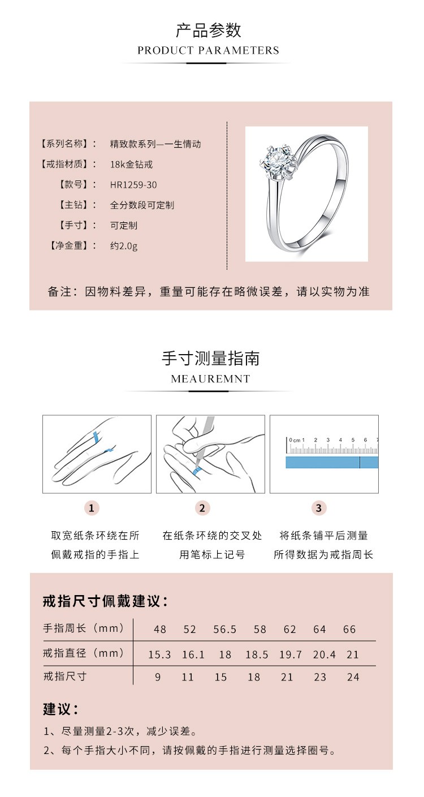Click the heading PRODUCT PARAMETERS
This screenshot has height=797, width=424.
click(x=208, y=50)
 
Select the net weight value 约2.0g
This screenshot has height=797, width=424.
click(x=123, y=245)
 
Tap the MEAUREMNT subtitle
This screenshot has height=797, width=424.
click(x=210, y=379)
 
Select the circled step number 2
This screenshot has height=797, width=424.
click(x=202, y=508)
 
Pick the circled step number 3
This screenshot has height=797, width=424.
click(x=318, y=508)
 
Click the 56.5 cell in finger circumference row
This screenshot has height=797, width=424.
click(x=225, y=630)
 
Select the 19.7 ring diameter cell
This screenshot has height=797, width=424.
click(x=291, y=654)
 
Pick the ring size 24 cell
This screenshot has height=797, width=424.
click(x=353, y=677)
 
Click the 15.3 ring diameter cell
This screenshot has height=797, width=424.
click(x=159, y=654)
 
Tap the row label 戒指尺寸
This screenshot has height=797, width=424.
click(x=64, y=677)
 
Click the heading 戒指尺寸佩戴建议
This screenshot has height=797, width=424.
click(x=105, y=601)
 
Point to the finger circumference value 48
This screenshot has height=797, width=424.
click(x=160, y=630)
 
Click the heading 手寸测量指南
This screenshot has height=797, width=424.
click(x=210, y=358)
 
